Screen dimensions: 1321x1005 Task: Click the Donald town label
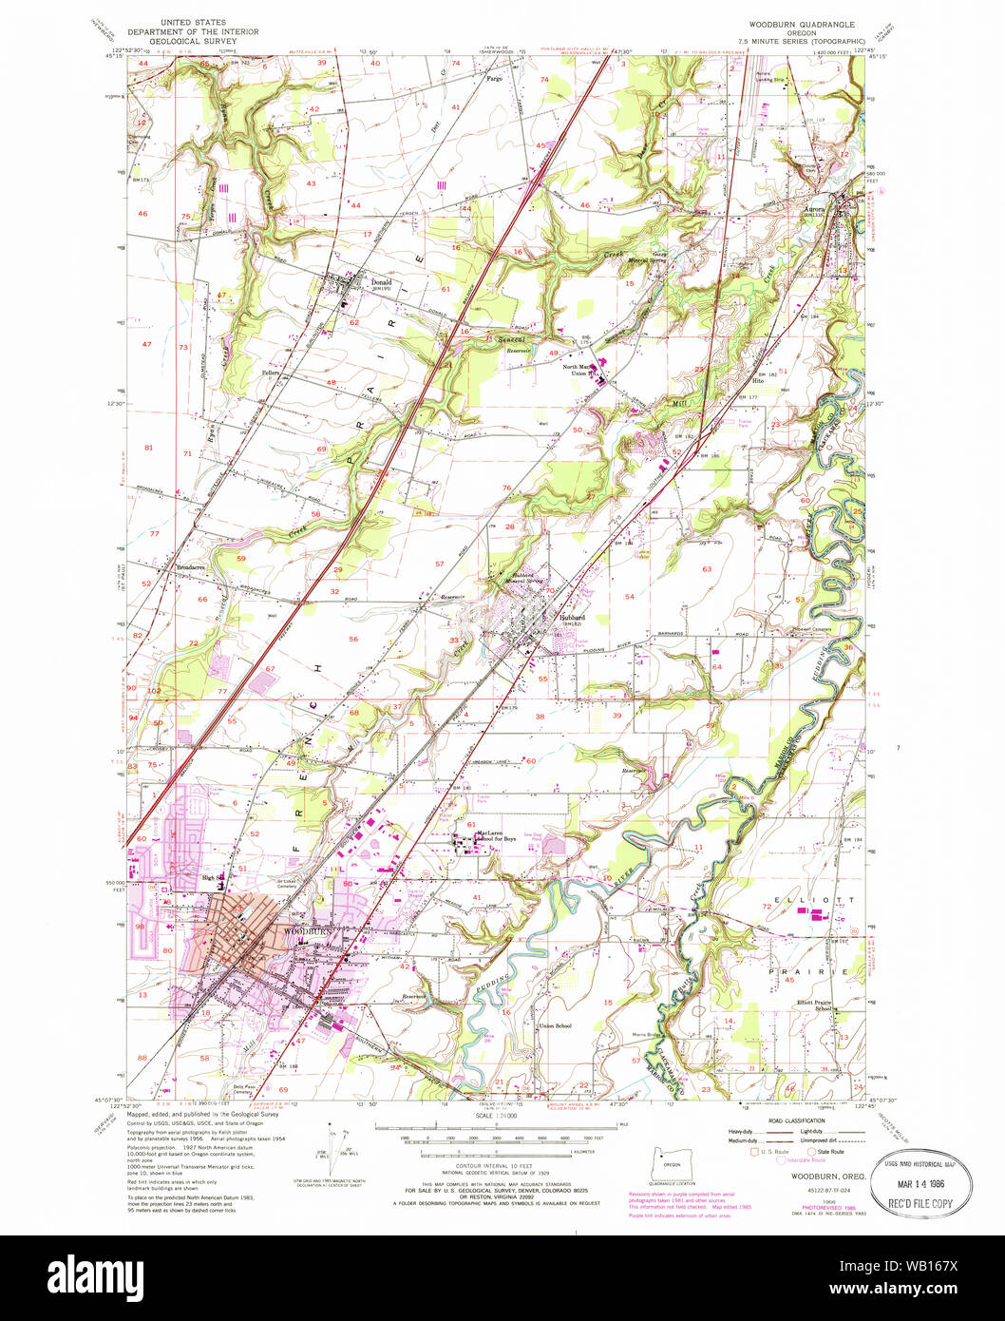tap(381, 282)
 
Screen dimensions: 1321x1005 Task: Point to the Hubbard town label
tap(571, 617)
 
